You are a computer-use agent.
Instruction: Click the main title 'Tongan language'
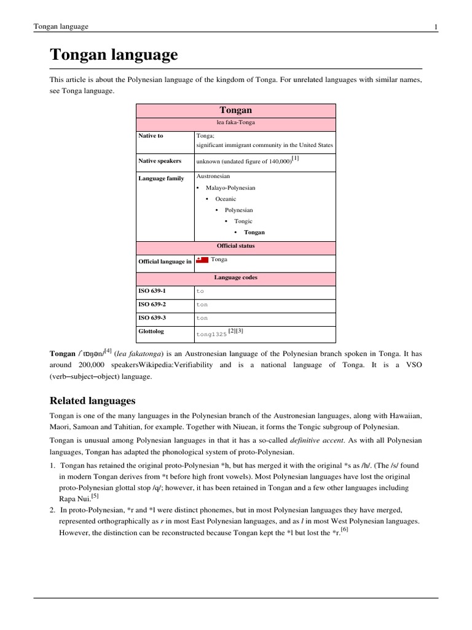114,55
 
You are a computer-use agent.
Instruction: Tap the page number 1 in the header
435,26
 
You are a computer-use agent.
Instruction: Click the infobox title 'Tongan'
235,110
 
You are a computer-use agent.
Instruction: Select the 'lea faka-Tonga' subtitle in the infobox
235,122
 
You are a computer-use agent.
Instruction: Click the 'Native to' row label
151,136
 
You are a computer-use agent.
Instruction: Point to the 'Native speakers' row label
160,161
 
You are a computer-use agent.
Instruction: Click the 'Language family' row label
161,178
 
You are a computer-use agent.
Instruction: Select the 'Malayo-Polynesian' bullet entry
226,188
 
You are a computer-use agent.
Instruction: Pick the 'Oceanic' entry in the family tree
226,199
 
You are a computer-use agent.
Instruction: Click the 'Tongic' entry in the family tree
243,221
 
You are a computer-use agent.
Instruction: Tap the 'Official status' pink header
235,246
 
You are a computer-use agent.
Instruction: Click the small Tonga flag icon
202,261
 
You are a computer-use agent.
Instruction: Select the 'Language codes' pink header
235,277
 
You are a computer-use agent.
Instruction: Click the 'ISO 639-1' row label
152,290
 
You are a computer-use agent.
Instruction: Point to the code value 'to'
200,290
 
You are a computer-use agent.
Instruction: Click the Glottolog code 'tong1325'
211,335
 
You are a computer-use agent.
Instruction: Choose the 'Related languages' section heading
92,401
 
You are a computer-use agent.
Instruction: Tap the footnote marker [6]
344,531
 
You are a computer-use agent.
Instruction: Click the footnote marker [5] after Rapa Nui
95,496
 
